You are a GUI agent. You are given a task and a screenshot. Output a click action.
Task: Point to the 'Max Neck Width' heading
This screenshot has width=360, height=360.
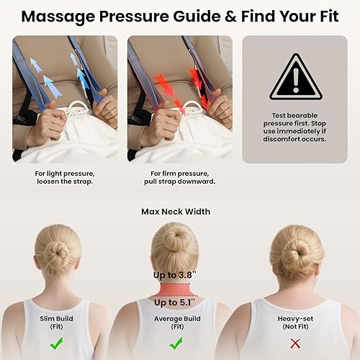pos(176,211)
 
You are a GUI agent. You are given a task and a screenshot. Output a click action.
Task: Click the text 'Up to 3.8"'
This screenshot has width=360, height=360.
pos(175,275)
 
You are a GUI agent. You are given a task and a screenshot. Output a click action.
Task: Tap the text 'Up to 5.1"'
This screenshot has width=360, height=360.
pos(175,302)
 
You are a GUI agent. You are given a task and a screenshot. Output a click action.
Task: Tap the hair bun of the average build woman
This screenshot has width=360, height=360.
pos(175,238)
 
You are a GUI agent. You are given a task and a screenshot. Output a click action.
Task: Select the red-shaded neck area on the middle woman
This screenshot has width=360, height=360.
pos(175,289)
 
